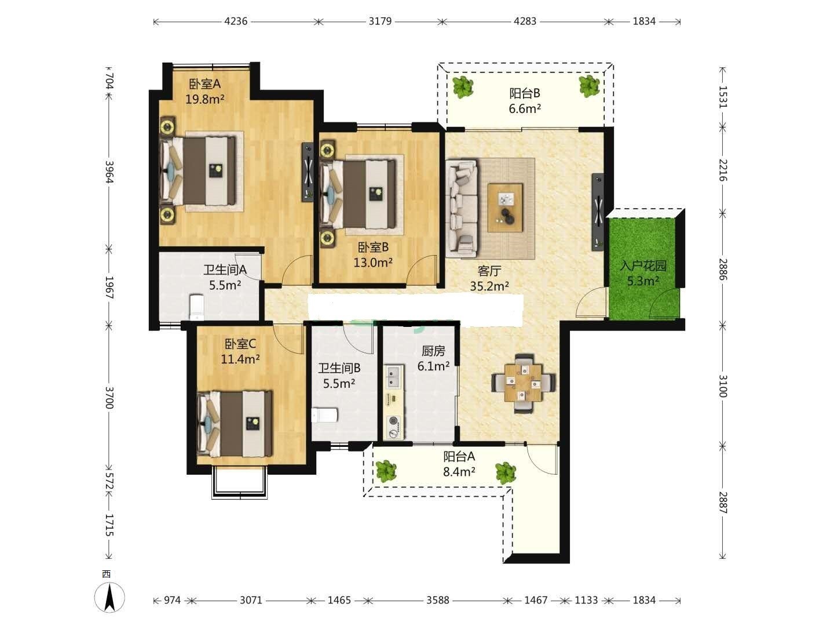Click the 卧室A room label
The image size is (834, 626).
point(204,83)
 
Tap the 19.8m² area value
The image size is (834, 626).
point(205,99)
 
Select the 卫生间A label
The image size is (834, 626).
point(225,270)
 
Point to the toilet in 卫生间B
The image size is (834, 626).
point(324,415)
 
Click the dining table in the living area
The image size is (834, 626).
point(524,383)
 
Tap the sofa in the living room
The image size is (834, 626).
point(462,207)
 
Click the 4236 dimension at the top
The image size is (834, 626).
point(236,21)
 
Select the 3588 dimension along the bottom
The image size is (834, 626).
point(438,600)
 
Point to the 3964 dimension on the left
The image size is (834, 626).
point(109,172)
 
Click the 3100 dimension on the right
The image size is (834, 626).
point(722,386)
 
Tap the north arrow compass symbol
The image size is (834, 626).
point(109,597)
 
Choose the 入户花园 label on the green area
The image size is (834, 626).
point(643,265)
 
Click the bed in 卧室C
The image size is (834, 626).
point(235,423)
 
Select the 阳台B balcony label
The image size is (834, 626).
point(524,93)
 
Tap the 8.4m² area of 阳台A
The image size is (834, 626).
point(459,472)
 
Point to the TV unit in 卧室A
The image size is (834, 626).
point(308,172)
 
